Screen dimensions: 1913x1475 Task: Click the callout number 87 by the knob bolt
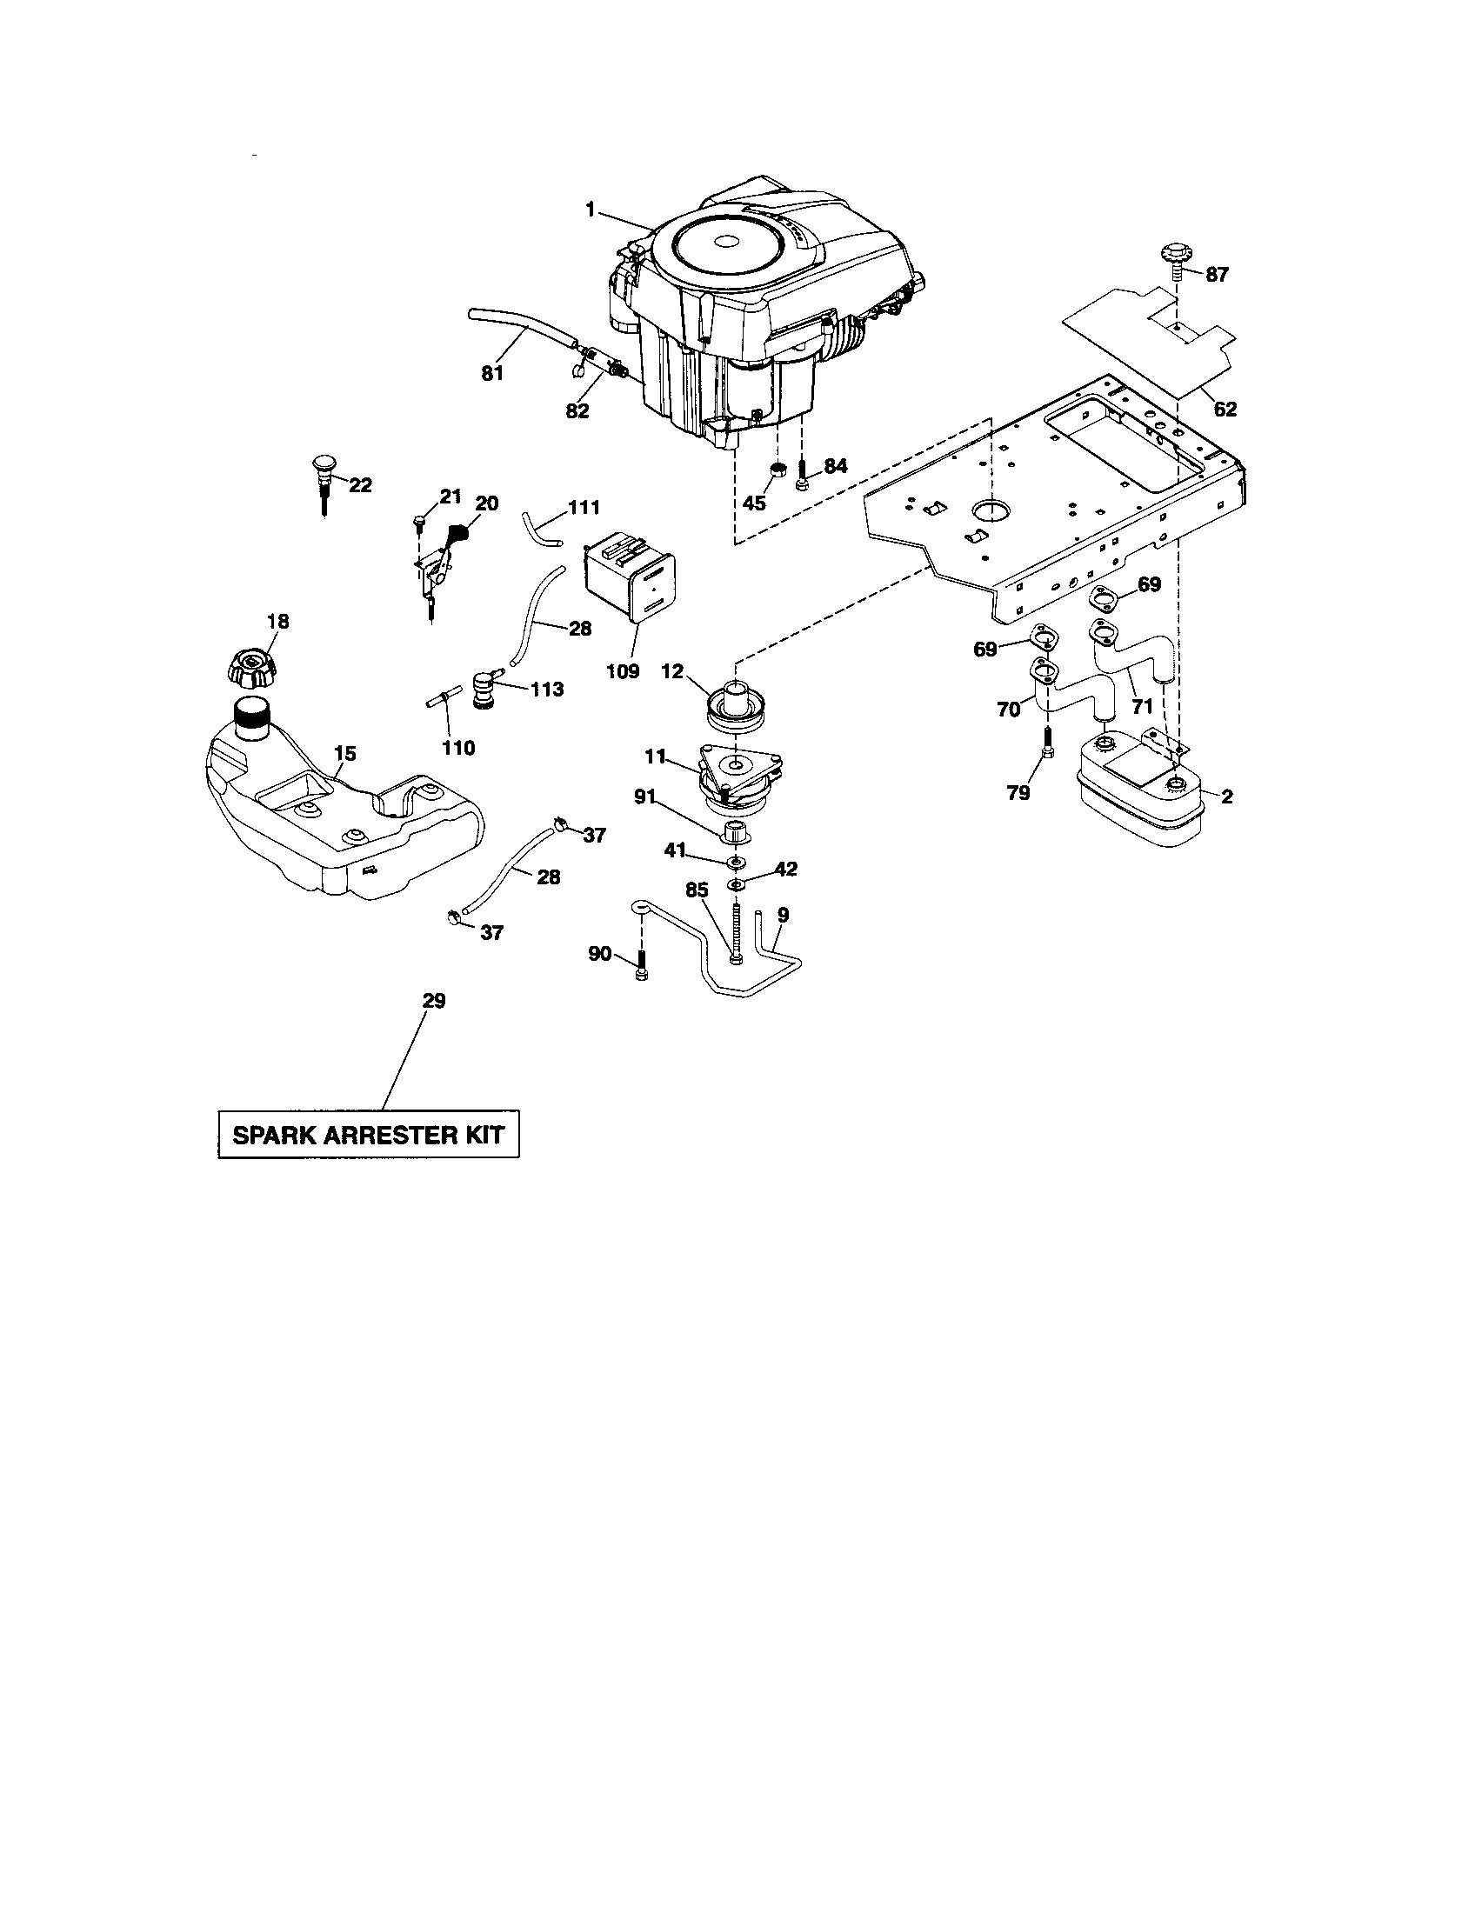click(x=1217, y=275)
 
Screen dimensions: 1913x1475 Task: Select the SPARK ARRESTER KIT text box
click(x=368, y=1135)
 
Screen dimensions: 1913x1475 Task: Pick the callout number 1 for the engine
click(x=591, y=210)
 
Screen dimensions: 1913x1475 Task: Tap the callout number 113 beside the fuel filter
click(x=547, y=690)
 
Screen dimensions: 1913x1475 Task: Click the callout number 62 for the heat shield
click(x=1225, y=409)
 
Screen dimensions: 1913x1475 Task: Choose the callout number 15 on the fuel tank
click(x=345, y=753)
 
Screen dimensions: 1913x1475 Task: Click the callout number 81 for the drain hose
click(x=492, y=373)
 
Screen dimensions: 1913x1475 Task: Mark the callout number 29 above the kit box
click(x=434, y=1000)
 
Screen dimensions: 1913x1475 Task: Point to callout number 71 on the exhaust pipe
click(x=1142, y=706)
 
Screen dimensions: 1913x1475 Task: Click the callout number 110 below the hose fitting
click(x=458, y=747)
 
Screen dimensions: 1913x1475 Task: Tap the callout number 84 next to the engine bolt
click(x=836, y=466)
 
